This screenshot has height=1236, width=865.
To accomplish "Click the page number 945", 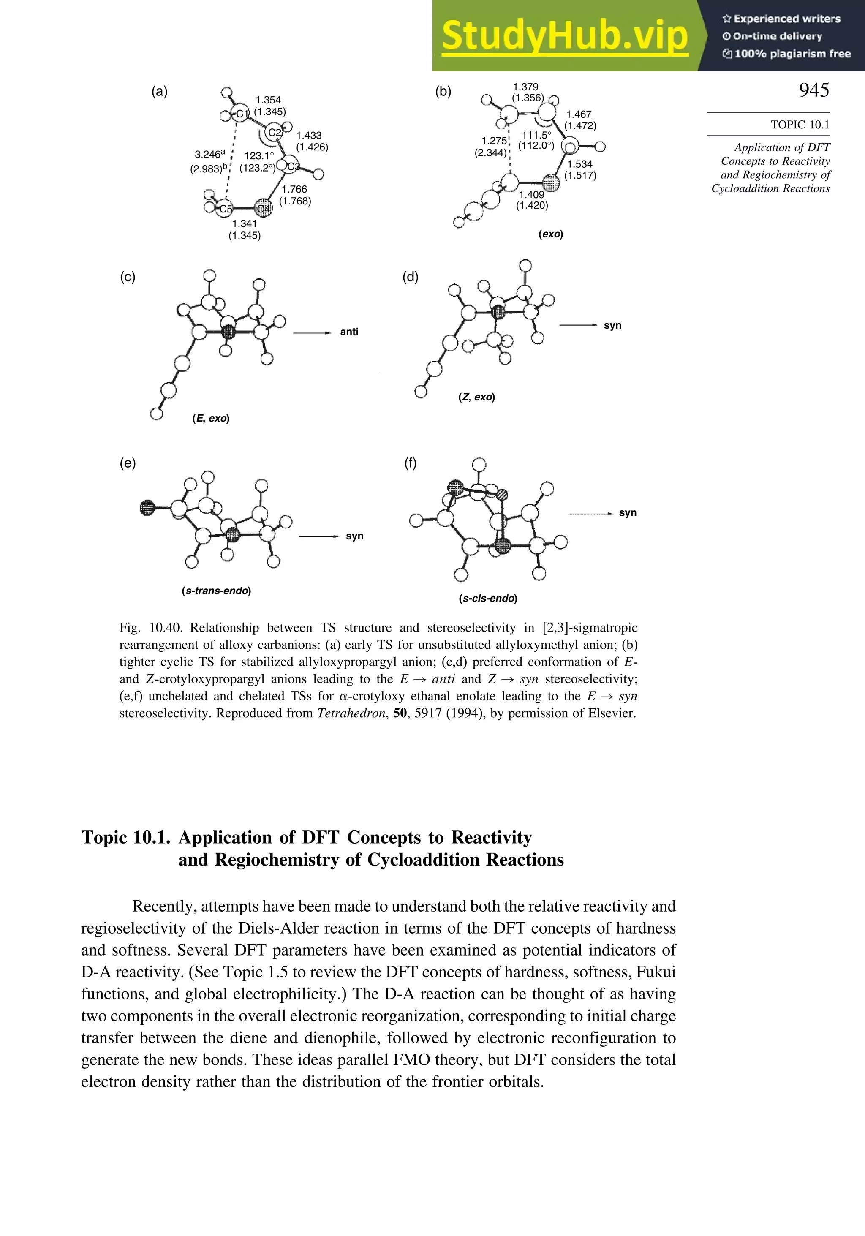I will tap(813, 90).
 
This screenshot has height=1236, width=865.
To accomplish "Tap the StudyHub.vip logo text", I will tap(565, 36).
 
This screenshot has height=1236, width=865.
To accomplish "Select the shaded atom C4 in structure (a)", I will tap(263, 208).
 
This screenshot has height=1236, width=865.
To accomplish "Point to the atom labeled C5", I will tap(224, 209).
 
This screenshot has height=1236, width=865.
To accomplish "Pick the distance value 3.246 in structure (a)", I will tap(208, 155).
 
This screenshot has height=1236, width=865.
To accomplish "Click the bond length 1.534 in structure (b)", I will tap(580, 164).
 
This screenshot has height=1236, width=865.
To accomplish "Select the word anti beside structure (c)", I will tap(349, 332).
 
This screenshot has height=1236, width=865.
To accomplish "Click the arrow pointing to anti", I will tap(312, 333).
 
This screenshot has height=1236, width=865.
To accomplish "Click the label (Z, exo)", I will tap(476, 397).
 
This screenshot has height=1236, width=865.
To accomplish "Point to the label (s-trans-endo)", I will tap(216, 591).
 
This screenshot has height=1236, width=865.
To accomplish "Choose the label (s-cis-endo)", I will tap(488, 599).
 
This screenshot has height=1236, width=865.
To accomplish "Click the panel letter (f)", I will tap(410, 463).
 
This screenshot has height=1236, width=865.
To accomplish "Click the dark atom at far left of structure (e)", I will tap(147, 507).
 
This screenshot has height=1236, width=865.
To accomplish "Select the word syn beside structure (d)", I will tap(612, 325).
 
